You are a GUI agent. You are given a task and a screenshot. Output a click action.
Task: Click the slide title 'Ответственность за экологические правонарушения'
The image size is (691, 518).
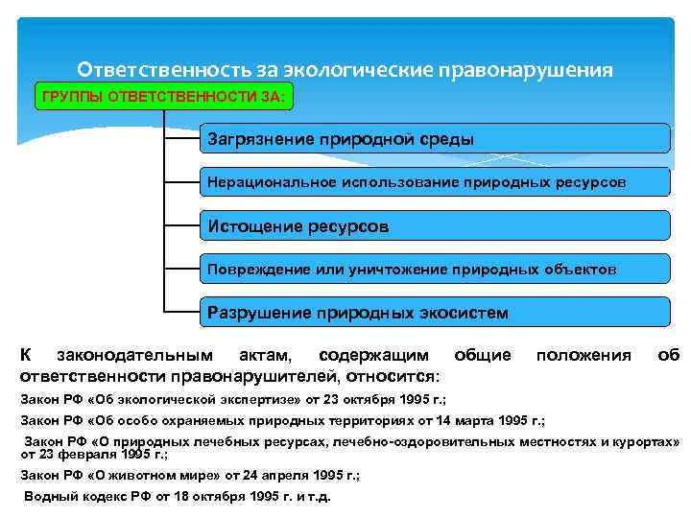(345, 70)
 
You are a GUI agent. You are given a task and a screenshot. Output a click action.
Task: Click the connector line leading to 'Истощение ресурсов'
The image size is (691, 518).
(181, 226)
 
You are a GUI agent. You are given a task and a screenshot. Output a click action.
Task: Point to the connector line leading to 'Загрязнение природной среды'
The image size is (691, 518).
(181, 138)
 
